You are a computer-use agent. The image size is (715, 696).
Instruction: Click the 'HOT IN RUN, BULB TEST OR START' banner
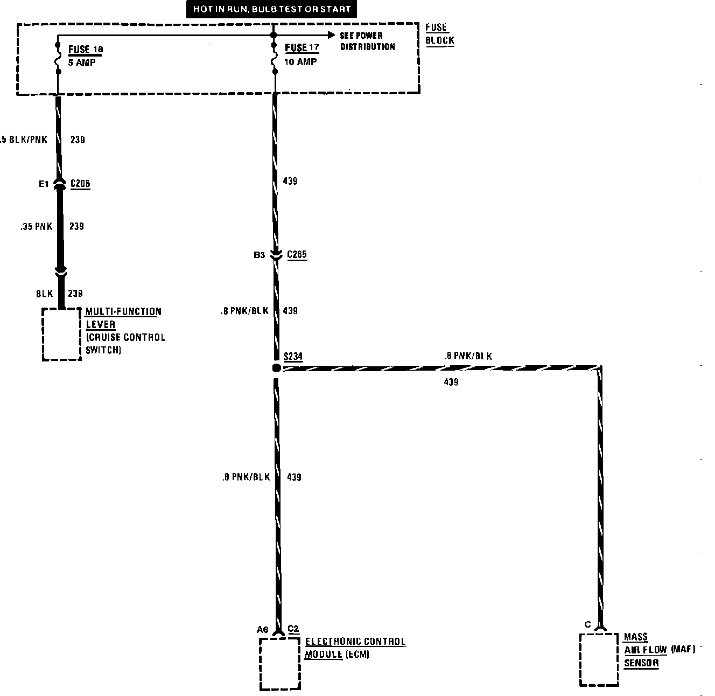point(272,9)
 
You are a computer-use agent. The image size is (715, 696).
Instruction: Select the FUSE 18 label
point(85,50)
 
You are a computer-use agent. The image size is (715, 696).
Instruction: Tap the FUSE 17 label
point(302,48)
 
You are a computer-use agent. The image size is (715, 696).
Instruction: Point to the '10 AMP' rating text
point(300,62)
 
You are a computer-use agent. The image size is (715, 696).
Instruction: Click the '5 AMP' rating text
point(82,62)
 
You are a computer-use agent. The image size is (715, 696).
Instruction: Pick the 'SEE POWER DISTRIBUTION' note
point(368,41)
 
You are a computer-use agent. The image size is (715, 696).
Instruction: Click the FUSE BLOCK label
point(439,34)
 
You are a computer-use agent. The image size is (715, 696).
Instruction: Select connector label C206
point(80,184)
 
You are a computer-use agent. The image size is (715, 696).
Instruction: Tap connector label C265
point(297,255)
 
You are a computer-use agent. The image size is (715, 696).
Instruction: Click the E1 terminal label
point(44,184)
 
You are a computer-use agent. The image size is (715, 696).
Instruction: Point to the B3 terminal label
point(260,255)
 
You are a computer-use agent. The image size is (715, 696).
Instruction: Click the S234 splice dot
point(276,368)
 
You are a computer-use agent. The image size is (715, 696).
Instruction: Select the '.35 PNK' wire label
point(37,227)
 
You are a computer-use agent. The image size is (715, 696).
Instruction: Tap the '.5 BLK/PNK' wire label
point(24,140)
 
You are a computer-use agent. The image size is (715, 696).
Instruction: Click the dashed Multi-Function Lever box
point(62,334)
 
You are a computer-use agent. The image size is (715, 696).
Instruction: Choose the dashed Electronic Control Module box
point(279,664)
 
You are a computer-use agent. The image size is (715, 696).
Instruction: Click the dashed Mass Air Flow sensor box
point(598,659)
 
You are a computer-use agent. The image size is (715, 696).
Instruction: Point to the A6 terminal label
point(262,629)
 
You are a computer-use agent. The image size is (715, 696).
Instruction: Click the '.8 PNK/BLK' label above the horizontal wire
point(468,356)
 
